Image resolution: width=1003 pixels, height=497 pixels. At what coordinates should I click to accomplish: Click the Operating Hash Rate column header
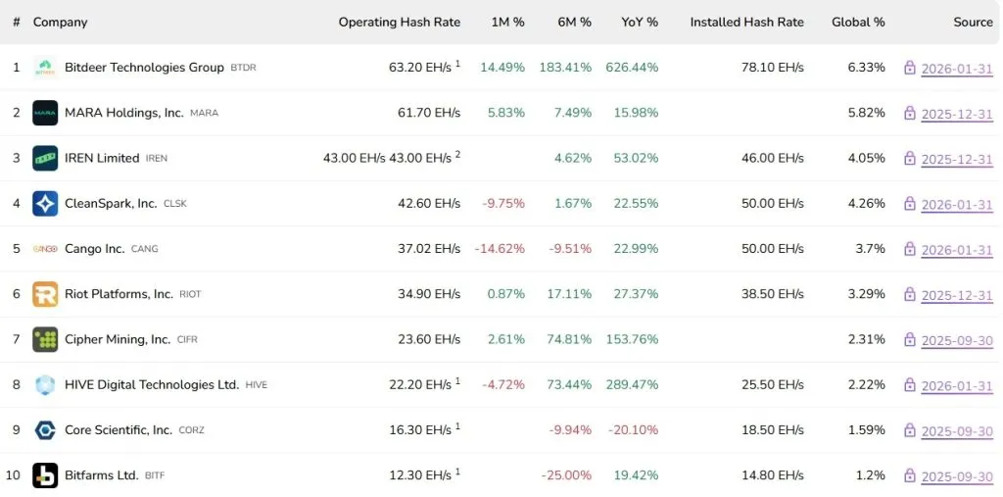tap(399, 22)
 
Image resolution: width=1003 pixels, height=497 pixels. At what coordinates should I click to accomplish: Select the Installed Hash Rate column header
tap(746, 22)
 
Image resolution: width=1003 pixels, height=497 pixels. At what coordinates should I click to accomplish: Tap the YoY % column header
tap(640, 22)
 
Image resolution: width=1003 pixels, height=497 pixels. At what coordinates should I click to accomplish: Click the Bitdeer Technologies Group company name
tap(144, 68)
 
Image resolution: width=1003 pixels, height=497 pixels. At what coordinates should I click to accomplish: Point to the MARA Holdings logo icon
tap(45, 113)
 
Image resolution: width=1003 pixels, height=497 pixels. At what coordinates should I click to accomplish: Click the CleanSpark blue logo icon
tap(45, 203)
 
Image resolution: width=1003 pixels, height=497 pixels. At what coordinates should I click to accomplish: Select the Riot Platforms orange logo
tap(45, 294)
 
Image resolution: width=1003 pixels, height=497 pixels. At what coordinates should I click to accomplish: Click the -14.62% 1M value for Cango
tap(500, 249)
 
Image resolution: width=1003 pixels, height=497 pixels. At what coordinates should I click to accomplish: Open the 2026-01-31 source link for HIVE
tap(957, 386)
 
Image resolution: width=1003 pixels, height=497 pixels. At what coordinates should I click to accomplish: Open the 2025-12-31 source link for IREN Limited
tap(957, 159)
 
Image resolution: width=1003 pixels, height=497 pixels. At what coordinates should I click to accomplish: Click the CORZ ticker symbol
tap(192, 430)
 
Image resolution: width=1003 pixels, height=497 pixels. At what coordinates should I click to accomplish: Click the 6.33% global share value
tap(866, 68)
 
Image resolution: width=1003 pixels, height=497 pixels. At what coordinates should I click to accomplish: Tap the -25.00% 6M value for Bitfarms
tap(566, 475)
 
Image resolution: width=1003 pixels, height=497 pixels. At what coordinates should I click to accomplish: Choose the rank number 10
tap(14, 475)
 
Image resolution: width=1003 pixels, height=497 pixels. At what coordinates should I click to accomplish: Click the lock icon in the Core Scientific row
tap(910, 430)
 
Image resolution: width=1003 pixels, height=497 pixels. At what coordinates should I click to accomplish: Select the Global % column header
tap(858, 22)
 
